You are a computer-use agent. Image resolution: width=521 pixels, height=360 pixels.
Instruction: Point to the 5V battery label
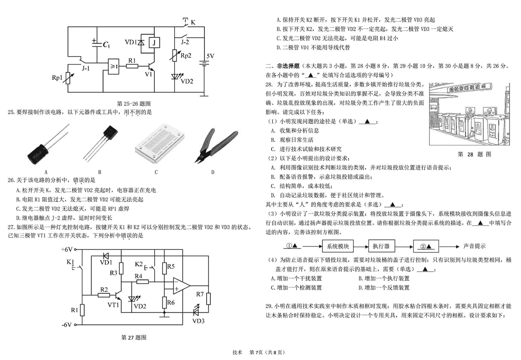(x=211, y=56)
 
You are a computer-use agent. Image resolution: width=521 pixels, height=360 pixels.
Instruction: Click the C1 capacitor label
(x=106, y=45)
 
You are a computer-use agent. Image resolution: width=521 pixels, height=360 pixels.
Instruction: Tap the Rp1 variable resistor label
(x=57, y=77)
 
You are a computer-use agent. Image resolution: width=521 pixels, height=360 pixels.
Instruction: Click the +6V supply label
(x=67, y=249)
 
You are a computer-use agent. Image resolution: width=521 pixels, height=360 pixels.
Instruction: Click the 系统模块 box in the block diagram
(x=338, y=246)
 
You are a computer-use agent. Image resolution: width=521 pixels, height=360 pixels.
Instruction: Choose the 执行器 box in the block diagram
(x=384, y=246)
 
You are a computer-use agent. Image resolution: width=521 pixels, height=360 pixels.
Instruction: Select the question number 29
(x=269, y=306)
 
